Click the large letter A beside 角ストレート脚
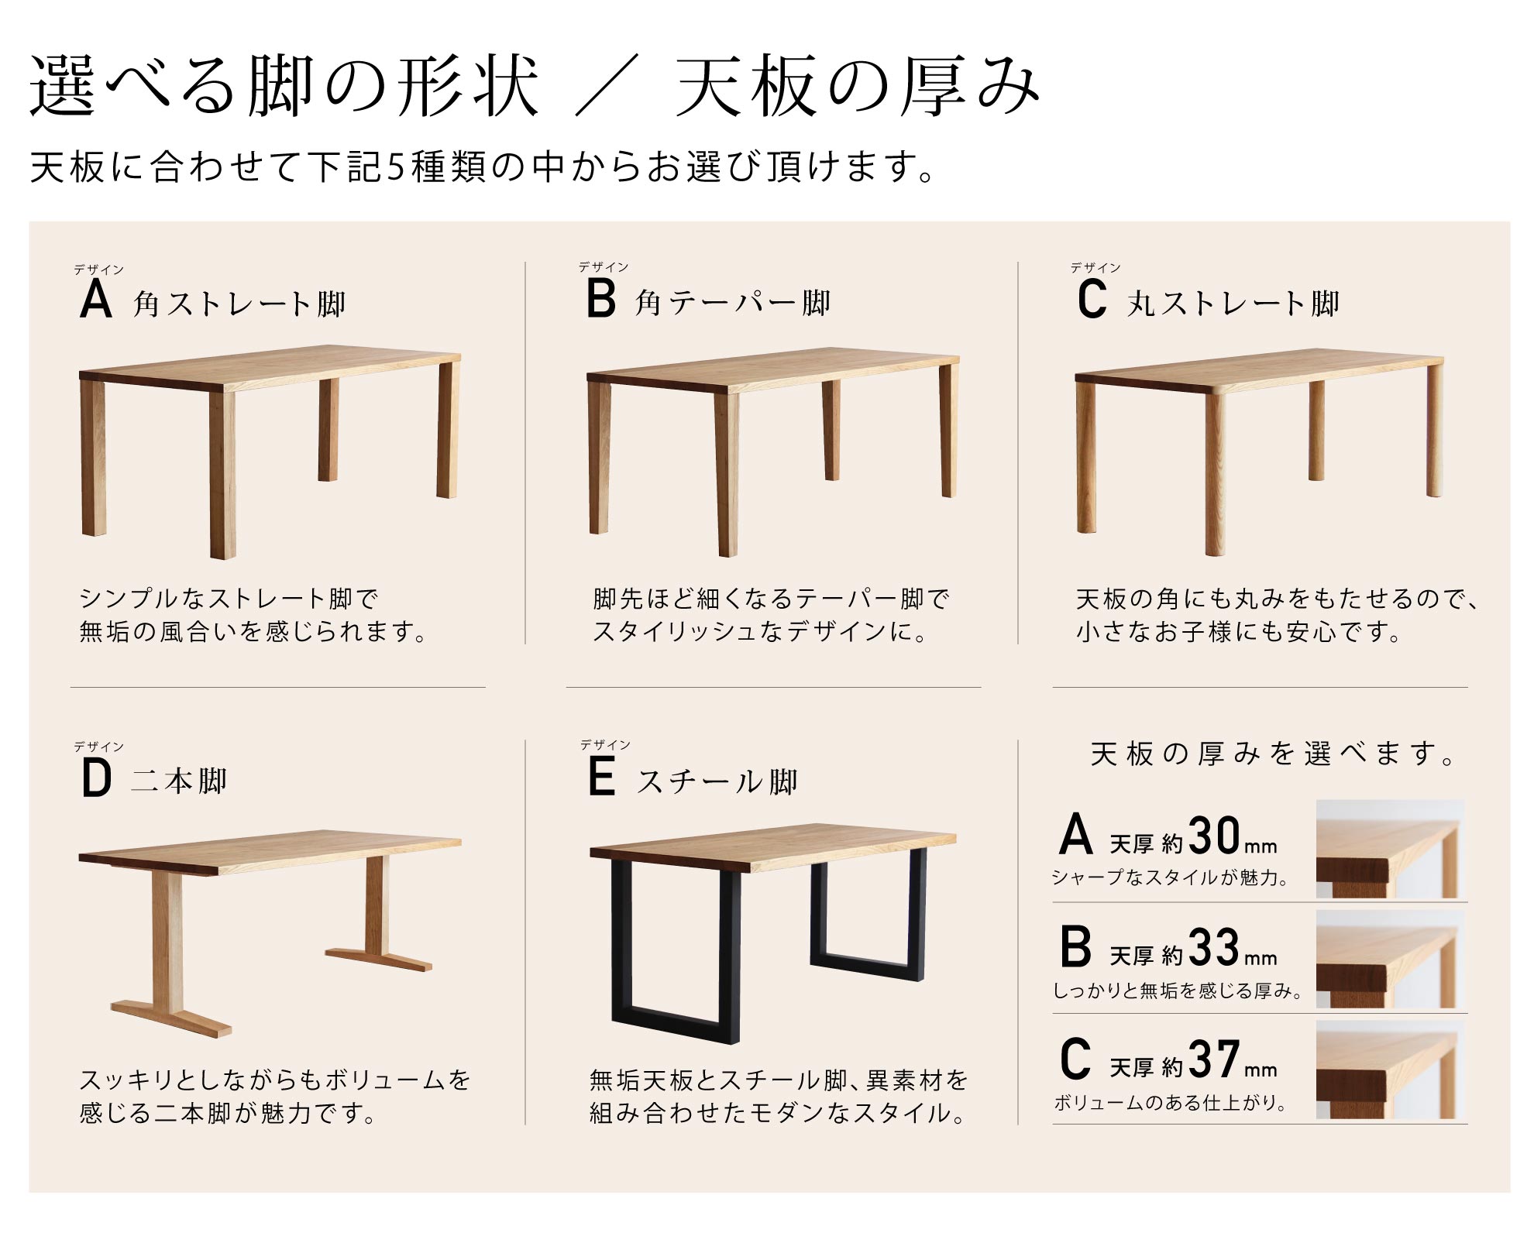point(96,299)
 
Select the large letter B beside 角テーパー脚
point(601,299)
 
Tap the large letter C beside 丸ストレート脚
point(1092,300)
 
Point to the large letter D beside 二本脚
point(97,778)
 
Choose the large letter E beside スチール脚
point(601,777)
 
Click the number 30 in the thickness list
point(1214,836)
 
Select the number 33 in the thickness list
point(1214,948)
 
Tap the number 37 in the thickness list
point(1214,1059)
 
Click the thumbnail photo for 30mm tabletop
point(1391,849)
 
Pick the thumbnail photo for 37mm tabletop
point(1391,1070)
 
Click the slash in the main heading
point(607,84)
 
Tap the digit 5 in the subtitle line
point(396,167)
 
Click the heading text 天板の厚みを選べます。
point(1272,754)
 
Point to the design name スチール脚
point(717,781)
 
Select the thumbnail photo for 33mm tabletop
point(1391,959)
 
